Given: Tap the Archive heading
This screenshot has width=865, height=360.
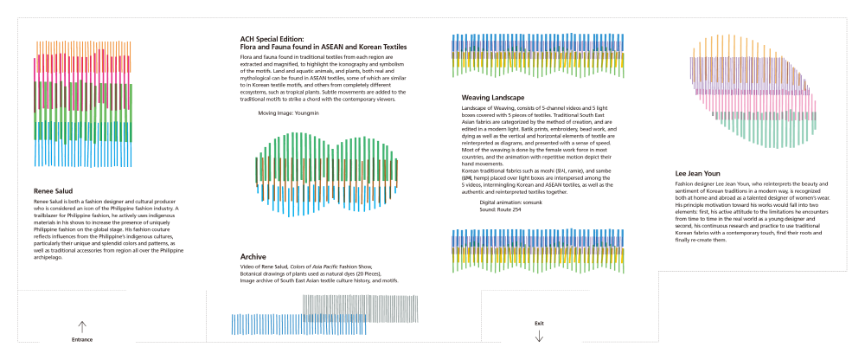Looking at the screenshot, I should click(x=253, y=256).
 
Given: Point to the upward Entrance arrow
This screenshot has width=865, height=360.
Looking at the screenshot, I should click(x=82, y=327).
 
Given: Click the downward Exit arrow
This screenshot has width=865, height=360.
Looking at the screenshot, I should click(x=539, y=336).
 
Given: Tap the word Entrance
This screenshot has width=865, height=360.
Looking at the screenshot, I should click(x=82, y=340).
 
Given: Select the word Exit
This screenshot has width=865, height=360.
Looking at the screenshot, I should click(x=539, y=323).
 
